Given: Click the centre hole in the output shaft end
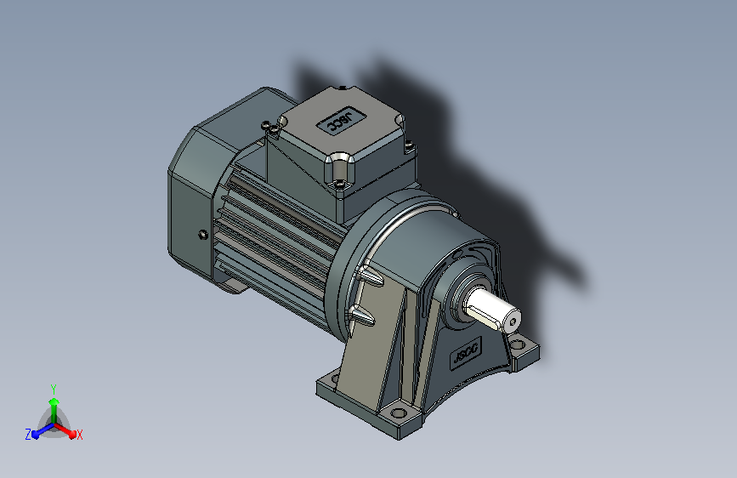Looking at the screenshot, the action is [513, 322].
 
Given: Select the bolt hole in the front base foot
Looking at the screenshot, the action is [399, 413].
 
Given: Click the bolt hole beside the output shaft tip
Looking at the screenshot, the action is [519, 344].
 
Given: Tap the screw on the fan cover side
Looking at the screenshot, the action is [203, 234].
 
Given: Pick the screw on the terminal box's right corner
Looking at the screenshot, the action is [409, 145].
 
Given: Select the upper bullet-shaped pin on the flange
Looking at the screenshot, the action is [371, 276].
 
